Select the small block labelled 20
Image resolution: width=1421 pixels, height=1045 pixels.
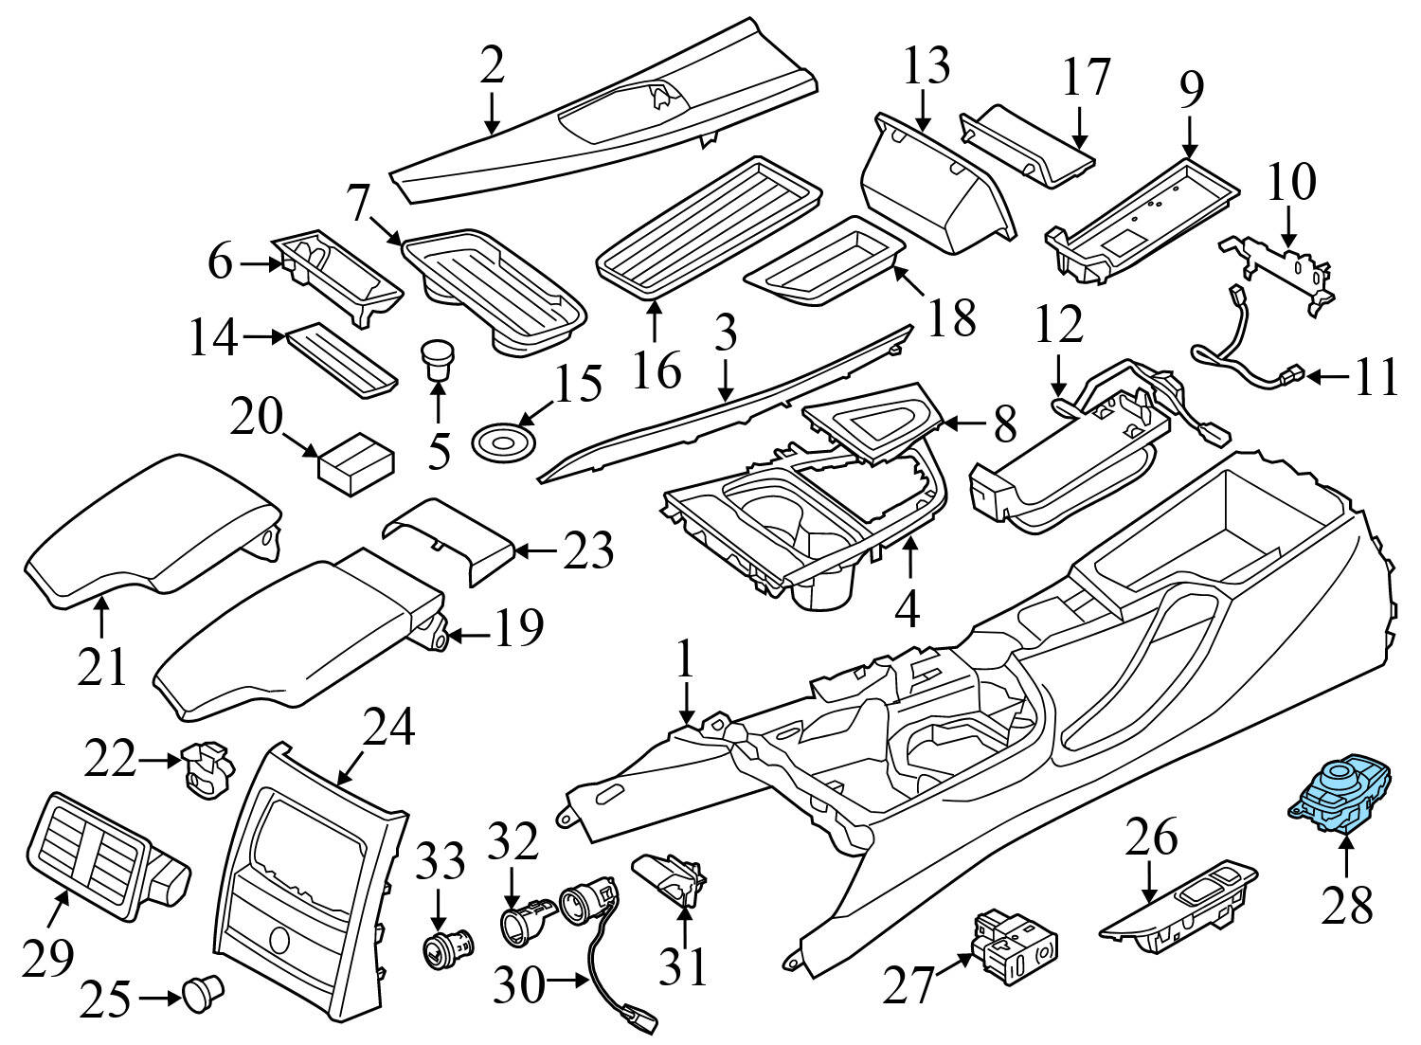pos(356,463)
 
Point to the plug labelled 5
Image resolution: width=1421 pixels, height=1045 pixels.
pos(437,360)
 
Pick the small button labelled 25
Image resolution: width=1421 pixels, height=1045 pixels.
pos(202,991)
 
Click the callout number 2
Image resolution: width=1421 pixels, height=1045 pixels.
pos(492,66)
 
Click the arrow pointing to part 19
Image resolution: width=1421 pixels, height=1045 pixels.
pos(468,634)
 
